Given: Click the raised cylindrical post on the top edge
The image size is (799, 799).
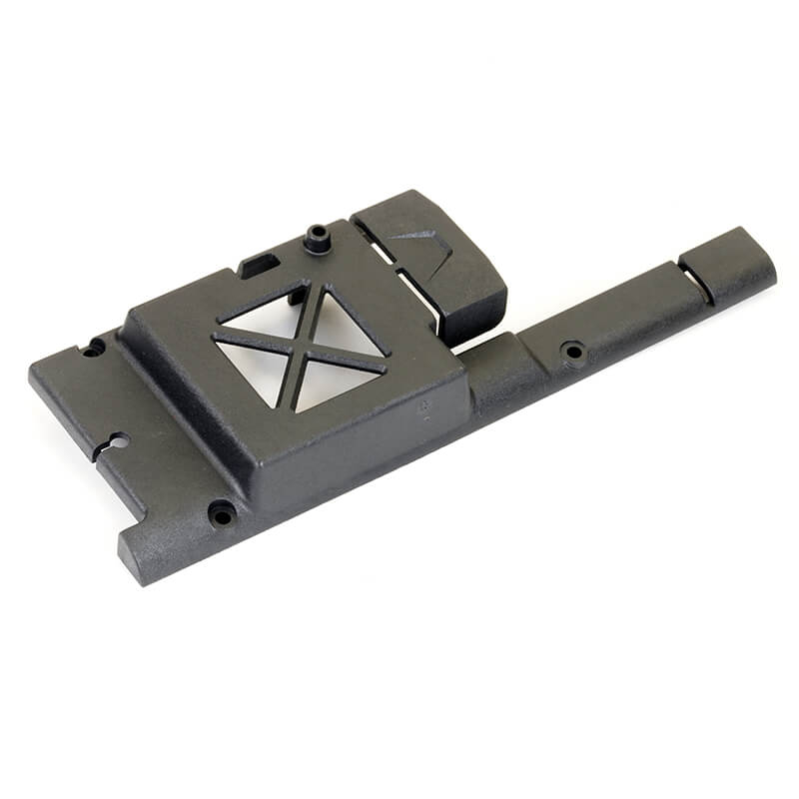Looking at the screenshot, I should point(318,239).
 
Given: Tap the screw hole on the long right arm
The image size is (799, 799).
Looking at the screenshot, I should point(573,351).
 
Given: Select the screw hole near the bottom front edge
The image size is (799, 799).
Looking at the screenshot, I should point(221,513).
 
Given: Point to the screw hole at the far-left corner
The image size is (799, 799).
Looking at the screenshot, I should point(94,347).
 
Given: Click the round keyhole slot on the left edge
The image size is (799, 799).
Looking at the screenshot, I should point(118,441).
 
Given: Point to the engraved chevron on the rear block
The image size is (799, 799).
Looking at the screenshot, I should point(414,237).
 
